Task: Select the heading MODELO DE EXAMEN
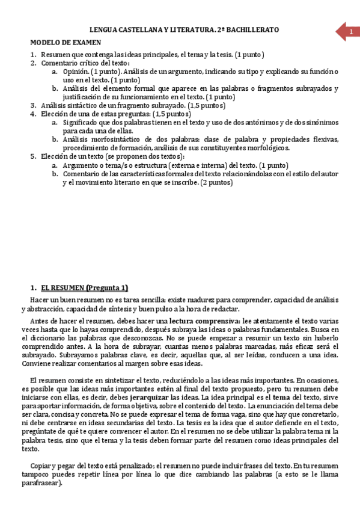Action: pyautogui.click(x=66, y=42)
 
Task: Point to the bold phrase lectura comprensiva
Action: pyautogui.click(x=205, y=320)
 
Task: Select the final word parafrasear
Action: pyautogui.click(x=41, y=482)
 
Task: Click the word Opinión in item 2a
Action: pyautogui.click(x=76, y=71)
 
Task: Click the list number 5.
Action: pyautogui.click(x=34, y=156)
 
